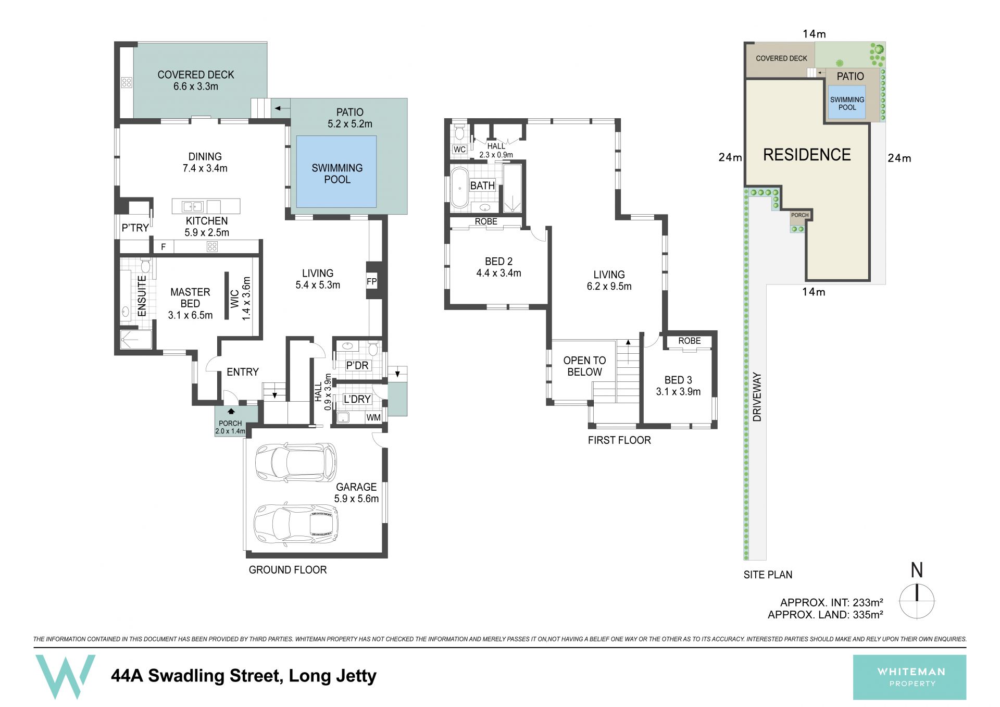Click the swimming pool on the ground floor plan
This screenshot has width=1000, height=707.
pos(336,171)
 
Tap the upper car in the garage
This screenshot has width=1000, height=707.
pos(296,462)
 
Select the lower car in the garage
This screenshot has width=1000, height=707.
pos(296,523)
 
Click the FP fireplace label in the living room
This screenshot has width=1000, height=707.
pos(371,282)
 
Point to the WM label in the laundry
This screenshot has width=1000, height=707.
pos(373,417)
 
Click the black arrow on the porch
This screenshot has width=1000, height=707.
pos(231,411)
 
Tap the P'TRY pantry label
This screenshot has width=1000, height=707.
pos(135,228)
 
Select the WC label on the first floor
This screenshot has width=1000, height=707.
pos(459,150)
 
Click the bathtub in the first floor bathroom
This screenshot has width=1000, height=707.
pos(459,188)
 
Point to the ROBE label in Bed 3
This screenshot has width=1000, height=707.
pos(689,341)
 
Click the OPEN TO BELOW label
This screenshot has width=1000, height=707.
pos(584,366)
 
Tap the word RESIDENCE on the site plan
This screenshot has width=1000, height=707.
pos(807,154)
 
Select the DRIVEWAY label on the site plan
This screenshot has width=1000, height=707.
pos(757,397)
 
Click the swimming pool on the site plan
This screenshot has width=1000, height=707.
pos(847,103)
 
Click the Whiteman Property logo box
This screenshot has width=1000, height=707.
pos(909,677)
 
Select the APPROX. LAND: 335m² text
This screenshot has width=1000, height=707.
pos(826,615)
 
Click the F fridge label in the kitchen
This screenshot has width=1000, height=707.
pos(163,247)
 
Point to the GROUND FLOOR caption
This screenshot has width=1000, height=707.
pos(287,570)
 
